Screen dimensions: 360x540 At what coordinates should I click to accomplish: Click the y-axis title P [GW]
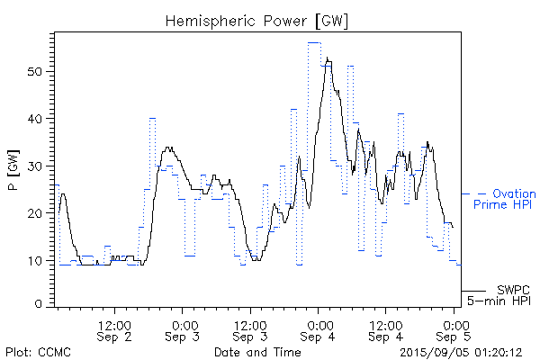click(x=13, y=166)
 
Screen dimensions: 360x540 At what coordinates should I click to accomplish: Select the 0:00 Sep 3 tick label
click(x=184, y=329)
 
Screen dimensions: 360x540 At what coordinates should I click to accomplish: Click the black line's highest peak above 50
click(x=328, y=60)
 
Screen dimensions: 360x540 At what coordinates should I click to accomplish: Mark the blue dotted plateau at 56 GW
click(x=314, y=42)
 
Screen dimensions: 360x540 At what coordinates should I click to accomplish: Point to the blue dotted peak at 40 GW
click(x=152, y=118)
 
